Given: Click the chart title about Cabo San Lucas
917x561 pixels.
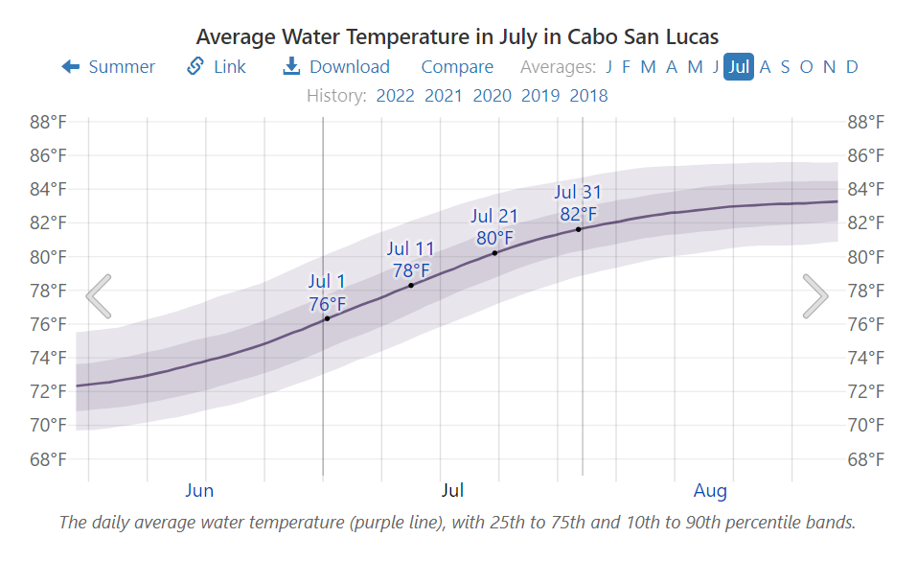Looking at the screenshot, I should [457, 36].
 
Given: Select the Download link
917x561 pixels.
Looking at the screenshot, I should [336, 66].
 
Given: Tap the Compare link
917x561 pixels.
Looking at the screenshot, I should [457, 66].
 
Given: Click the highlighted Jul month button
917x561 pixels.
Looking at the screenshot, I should [738, 66].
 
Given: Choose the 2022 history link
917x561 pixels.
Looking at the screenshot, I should [395, 95].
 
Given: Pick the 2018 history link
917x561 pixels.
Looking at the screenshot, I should [588, 95].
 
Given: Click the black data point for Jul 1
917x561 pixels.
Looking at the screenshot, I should [327, 318].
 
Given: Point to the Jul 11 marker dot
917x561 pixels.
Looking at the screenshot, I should [411, 285].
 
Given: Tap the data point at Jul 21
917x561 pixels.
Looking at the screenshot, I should [494, 253].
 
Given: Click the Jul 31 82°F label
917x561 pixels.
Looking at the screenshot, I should [578, 203].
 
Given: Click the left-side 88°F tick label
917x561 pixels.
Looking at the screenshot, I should [48, 122].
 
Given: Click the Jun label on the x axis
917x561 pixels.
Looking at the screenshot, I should [199, 491].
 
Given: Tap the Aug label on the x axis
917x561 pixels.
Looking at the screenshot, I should [710, 491].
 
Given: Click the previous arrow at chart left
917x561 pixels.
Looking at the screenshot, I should [99, 295].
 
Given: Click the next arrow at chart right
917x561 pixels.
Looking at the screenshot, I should [815, 295].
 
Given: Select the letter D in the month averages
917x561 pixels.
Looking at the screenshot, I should [852, 66].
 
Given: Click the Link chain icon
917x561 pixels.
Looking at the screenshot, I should [195, 66].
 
